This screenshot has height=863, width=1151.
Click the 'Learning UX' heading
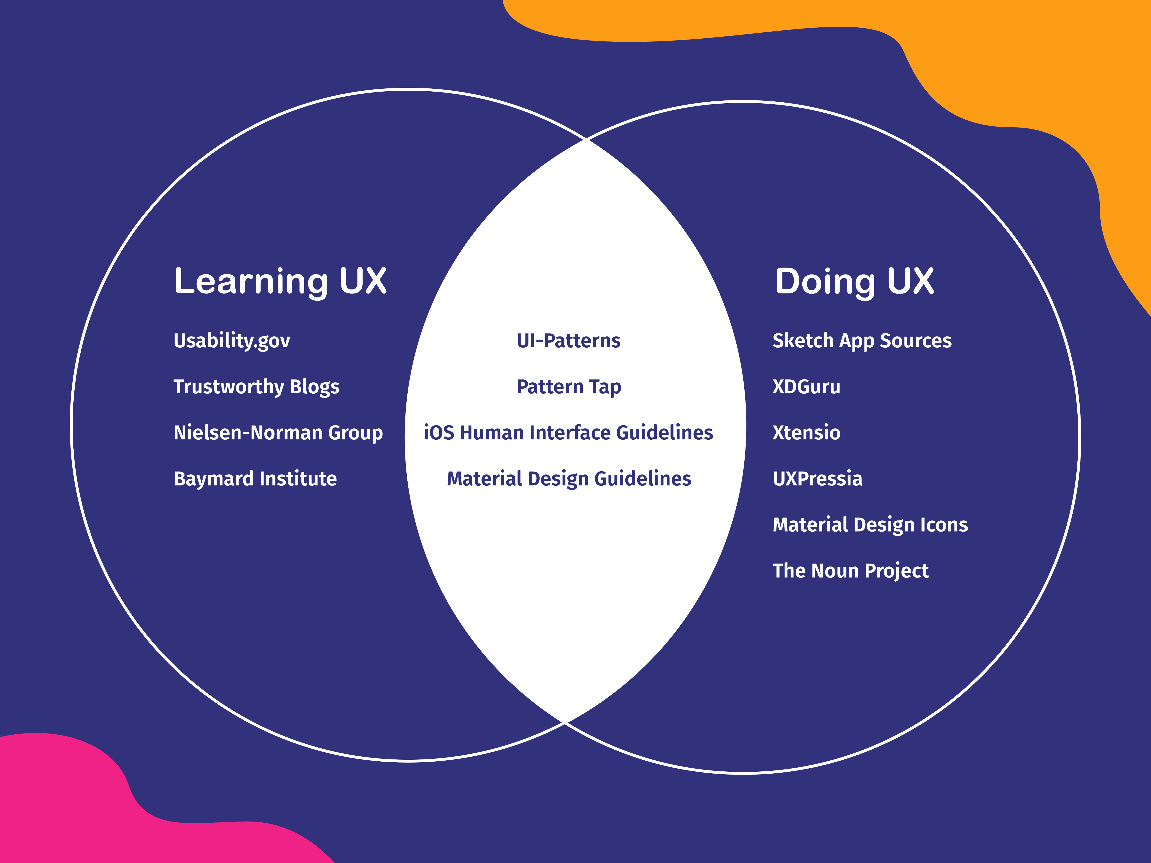tap(280, 281)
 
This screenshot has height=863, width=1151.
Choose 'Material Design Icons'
tap(870, 525)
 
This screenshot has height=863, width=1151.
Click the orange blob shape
tap(1015, 62)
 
